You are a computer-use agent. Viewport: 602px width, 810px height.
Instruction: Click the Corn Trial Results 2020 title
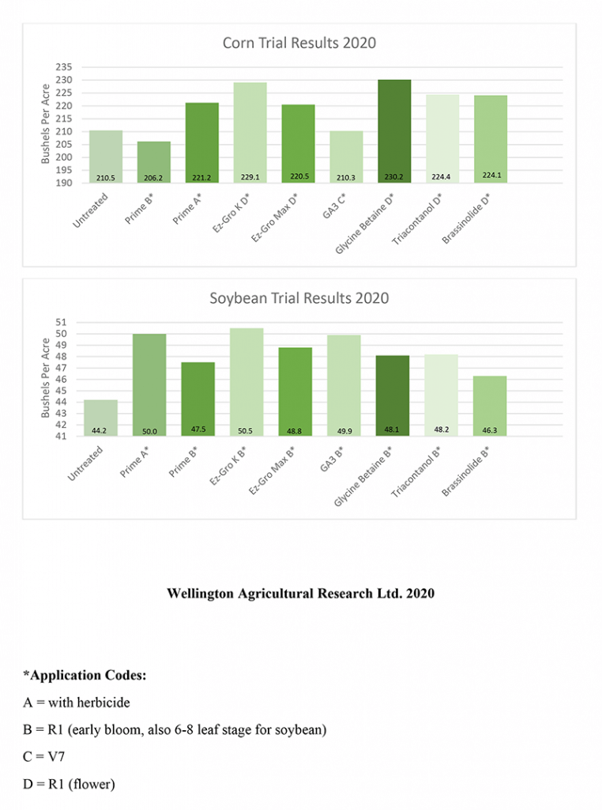[x=299, y=43]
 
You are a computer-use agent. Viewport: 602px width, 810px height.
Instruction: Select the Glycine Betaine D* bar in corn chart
[x=394, y=131]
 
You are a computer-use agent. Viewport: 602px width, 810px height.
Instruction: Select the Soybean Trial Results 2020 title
[x=299, y=298]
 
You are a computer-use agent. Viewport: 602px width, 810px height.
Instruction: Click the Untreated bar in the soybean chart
[x=105, y=418]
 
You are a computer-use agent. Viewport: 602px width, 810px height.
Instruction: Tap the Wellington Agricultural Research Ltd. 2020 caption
[x=300, y=593]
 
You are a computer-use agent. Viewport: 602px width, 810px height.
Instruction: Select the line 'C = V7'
[x=43, y=756]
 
